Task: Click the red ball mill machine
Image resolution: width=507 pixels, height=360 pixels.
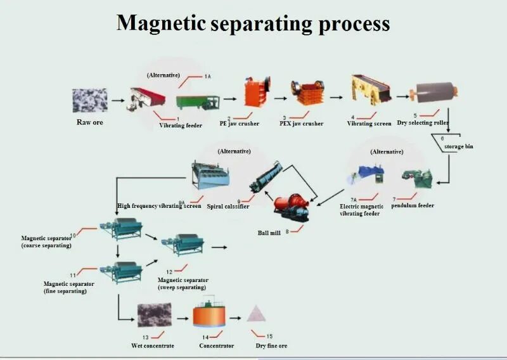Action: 291,205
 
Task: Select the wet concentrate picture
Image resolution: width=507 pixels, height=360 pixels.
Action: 153,314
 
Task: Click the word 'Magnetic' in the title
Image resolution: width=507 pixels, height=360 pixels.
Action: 162,23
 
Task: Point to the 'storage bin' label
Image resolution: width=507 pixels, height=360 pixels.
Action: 458,146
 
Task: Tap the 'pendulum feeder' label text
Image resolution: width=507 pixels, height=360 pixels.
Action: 413,205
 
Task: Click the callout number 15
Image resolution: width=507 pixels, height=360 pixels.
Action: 269,336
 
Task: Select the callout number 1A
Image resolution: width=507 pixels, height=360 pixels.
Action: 207,76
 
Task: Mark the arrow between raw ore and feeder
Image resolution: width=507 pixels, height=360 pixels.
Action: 118,100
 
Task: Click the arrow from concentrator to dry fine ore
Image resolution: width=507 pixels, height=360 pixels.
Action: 236,318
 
